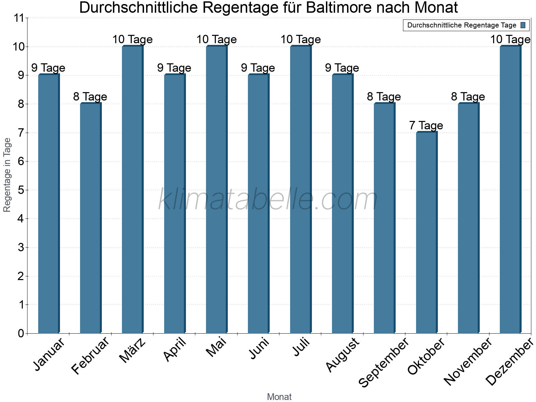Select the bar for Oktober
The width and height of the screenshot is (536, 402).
(426, 233)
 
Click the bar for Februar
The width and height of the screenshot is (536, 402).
(90, 218)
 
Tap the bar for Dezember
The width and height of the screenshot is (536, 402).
(510, 190)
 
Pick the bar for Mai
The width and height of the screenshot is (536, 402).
(216, 190)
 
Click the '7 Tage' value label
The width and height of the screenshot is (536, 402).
(426, 126)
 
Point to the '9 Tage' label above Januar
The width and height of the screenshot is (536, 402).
(48, 68)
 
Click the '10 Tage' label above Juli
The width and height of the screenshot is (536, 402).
(300, 40)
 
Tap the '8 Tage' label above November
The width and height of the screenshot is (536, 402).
(468, 97)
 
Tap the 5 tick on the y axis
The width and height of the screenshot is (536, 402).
(21, 190)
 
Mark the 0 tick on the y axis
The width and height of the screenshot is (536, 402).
(21, 333)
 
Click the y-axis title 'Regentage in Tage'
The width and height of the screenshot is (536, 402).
(7, 175)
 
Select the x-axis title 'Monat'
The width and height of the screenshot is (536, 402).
(279, 397)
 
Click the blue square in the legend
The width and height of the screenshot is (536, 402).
(523, 25)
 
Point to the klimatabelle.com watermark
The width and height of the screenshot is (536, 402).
(268, 200)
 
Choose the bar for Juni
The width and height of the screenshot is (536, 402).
(258, 204)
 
